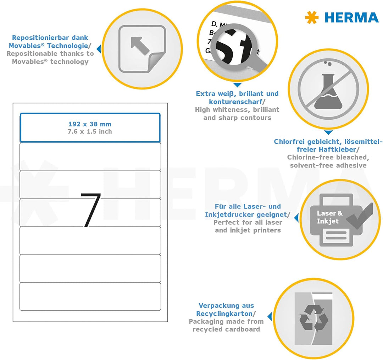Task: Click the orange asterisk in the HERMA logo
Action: [312, 18]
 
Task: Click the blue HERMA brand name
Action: [351, 18]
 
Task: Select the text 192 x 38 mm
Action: [90, 124]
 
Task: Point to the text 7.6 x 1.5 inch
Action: [90, 132]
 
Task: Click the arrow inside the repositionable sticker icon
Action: [139, 45]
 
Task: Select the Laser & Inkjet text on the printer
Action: [329, 217]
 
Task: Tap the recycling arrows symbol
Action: [313, 319]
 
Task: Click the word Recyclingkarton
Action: [224, 313]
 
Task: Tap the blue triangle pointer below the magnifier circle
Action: [237, 85]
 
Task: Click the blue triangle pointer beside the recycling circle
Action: [270, 316]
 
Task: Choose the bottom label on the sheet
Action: [90, 296]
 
